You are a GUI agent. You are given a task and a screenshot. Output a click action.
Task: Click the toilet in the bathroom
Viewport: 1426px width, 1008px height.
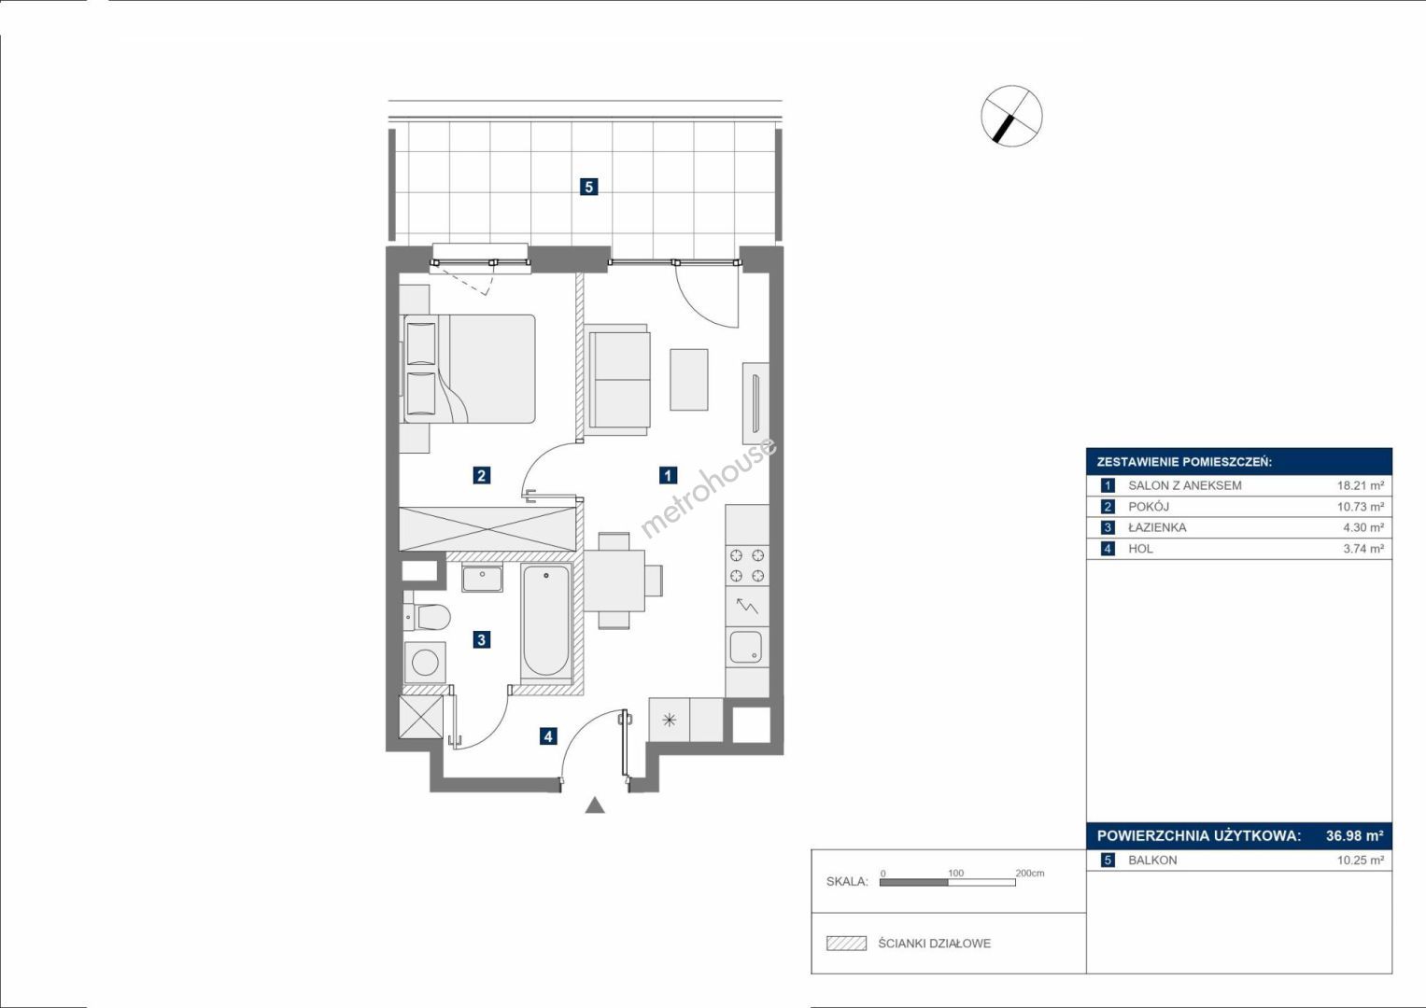tap(427, 616)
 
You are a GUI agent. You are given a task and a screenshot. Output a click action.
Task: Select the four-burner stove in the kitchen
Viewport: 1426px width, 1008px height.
tap(747, 565)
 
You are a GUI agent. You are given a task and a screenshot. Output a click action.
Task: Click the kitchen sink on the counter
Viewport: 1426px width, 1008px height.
tap(745, 647)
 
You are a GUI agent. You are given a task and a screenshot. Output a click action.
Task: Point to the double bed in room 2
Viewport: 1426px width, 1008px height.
tap(467, 369)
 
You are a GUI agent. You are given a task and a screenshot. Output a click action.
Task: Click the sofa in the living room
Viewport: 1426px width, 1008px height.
tap(617, 381)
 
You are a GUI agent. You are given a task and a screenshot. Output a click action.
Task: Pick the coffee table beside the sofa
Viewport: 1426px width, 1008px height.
tap(688, 379)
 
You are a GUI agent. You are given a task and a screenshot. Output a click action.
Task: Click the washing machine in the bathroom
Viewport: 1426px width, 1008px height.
tap(425, 663)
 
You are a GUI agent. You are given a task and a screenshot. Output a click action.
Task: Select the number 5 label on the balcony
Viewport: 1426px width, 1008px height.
tap(589, 187)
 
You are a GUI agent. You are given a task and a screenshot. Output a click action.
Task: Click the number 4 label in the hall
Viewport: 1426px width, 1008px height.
tap(548, 736)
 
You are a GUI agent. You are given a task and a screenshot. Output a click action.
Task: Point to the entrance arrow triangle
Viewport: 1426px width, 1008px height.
tap(595, 805)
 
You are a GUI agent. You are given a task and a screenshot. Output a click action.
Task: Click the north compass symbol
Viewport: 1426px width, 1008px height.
tap(1011, 116)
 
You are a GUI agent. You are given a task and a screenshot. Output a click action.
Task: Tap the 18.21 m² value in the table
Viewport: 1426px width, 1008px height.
tap(1361, 485)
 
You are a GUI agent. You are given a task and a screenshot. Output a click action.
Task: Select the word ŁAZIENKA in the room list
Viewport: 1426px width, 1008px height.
tap(1157, 527)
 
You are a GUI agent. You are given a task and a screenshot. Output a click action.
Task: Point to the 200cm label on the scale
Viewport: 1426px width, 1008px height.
tap(1029, 873)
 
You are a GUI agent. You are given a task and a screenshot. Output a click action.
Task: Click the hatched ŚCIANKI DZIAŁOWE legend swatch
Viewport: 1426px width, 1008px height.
tap(846, 943)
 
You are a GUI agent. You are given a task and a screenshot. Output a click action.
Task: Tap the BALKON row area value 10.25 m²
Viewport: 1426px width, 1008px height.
tap(1361, 861)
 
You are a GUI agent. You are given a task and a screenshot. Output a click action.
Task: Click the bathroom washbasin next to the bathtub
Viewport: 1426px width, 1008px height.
tap(482, 577)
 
